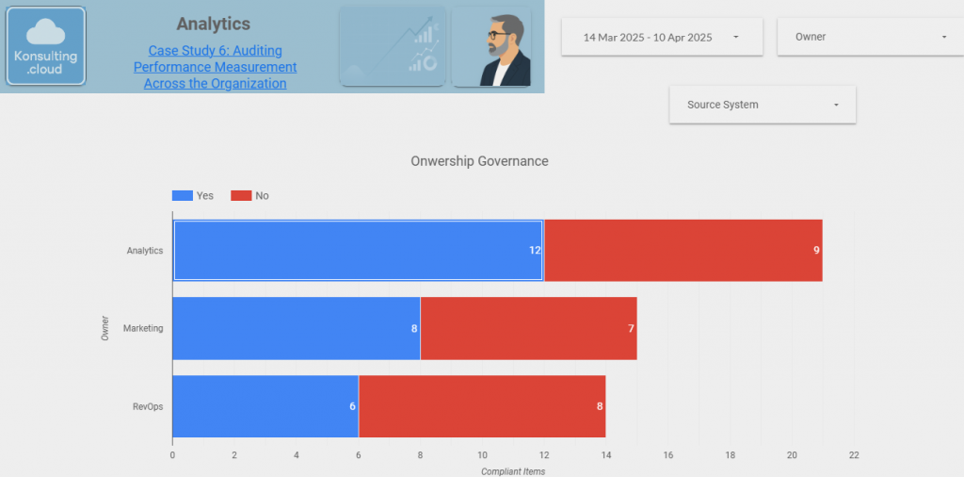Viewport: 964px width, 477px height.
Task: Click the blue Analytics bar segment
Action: tap(358, 250)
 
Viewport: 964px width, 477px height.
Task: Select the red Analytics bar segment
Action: tap(683, 250)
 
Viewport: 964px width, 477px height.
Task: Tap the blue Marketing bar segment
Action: tap(296, 328)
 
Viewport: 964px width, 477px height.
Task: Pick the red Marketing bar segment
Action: tap(528, 328)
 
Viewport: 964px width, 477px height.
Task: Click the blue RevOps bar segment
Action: tap(265, 406)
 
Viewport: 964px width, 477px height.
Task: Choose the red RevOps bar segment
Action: tap(481, 406)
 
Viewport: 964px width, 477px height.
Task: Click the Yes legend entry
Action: tap(193, 196)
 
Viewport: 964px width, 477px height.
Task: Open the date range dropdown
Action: tap(661, 38)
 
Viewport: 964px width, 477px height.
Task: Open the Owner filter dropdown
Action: tap(862, 38)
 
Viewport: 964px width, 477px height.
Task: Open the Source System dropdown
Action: tap(762, 105)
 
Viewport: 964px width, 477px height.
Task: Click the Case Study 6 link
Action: tap(215, 67)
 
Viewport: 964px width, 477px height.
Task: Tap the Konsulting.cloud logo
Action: tap(46, 46)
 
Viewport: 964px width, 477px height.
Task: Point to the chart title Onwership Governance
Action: tap(479, 161)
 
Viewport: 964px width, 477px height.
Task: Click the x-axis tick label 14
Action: tap(605, 454)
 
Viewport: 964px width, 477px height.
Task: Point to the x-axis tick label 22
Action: tap(853, 454)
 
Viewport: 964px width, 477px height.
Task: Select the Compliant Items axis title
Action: tap(512, 470)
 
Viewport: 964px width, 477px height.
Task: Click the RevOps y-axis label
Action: tap(149, 407)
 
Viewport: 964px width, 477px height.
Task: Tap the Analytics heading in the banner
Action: tap(214, 24)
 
